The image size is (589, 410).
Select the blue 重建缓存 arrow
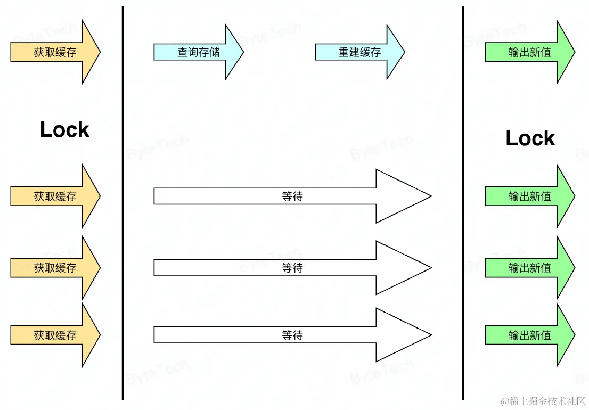coord(359,52)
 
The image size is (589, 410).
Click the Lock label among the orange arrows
coord(64,129)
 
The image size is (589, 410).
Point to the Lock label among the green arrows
coord(530,138)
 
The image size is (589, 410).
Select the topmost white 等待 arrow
coord(292,196)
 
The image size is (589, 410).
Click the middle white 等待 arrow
coord(292,268)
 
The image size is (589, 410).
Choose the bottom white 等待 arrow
coord(292,335)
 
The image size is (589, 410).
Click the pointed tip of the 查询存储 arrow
coord(241,52)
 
